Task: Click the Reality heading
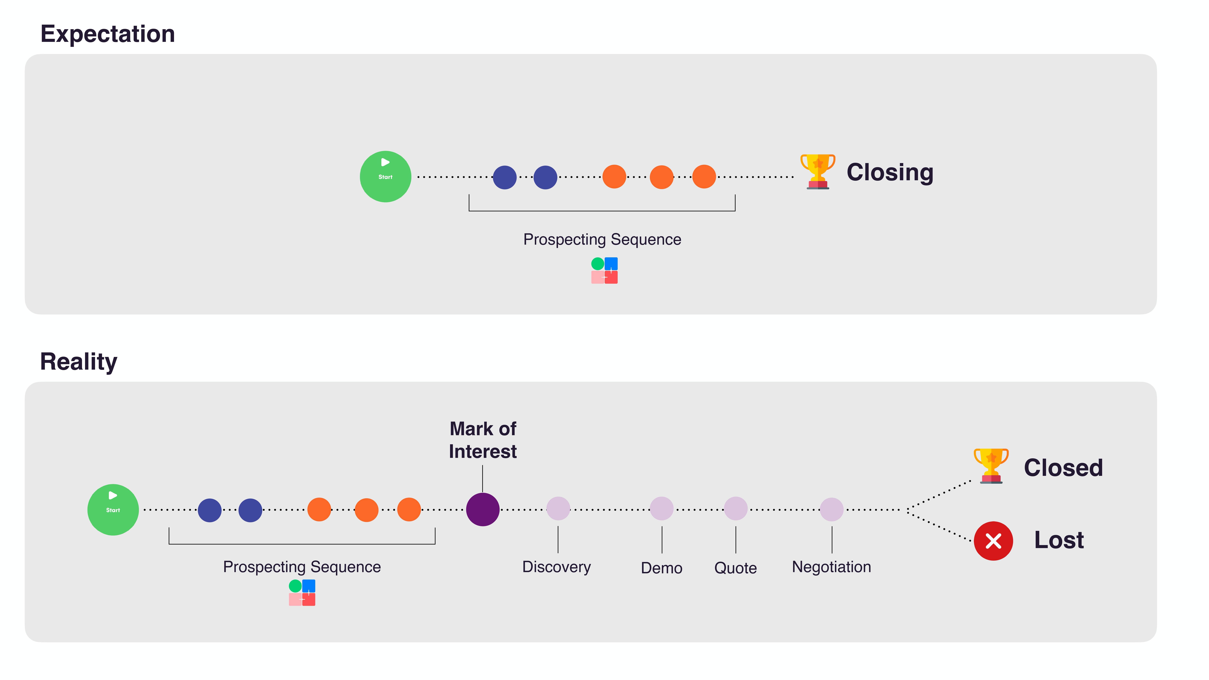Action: pyautogui.click(x=78, y=362)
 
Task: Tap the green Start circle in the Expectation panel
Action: pyautogui.click(x=385, y=176)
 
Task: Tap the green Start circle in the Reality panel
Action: pyautogui.click(x=113, y=510)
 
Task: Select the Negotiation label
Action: pyautogui.click(x=831, y=567)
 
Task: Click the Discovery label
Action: pyautogui.click(x=557, y=567)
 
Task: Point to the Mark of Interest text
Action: pyautogui.click(x=483, y=440)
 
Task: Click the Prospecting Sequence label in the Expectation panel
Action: pyautogui.click(x=602, y=239)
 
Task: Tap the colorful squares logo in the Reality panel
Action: pyautogui.click(x=302, y=593)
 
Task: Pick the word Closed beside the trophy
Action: pyautogui.click(x=1063, y=468)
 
